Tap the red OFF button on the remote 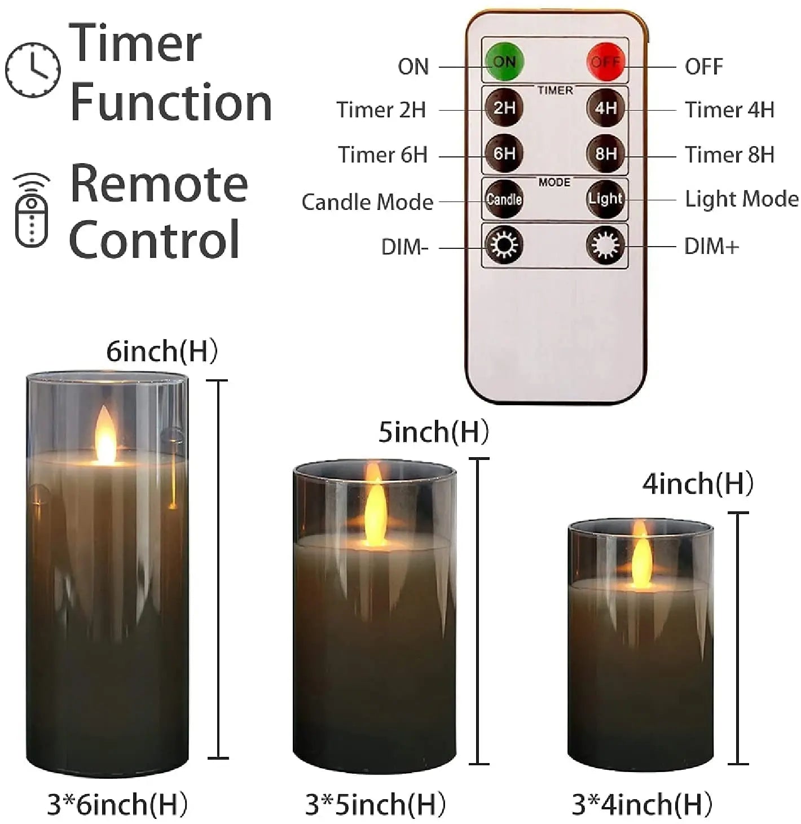pyautogui.click(x=605, y=62)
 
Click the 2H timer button pyautogui.click(x=504, y=107)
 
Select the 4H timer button pyautogui.click(x=605, y=107)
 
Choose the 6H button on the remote pyautogui.click(x=504, y=153)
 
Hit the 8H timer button pyautogui.click(x=605, y=153)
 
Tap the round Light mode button pyautogui.click(x=605, y=199)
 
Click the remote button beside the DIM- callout pyautogui.click(x=504, y=245)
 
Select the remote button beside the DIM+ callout pyautogui.click(x=605, y=245)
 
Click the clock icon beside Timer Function pyautogui.click(x=33, y=69)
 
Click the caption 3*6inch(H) pyautogui.click(x=117, y=804)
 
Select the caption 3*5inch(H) pyautogui.click(x=375, y=804)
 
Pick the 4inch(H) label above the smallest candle pyautogui.click(x=698, y=484)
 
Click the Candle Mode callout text pyautogui.click(x=367, y=202)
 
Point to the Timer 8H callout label pyautogui.click(x=729, y=155)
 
